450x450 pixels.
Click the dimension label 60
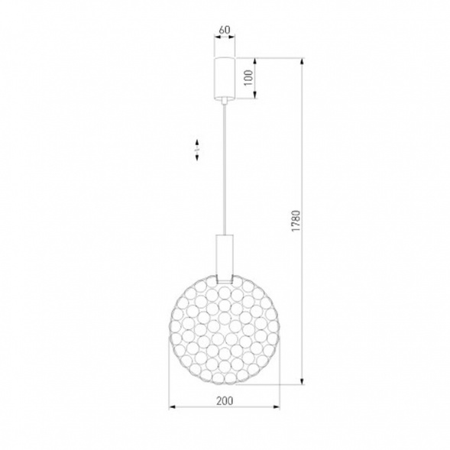click(x=225, y=30)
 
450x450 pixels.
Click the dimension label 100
click(x=248, y=77)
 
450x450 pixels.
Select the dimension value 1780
click(x=296, y=221)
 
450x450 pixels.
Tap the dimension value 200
click(x=225, y=401)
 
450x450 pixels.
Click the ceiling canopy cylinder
click(x=225, y=78)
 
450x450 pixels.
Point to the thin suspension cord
click(x=225, y=169)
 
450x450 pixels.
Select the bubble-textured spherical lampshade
click(x=225, y=330)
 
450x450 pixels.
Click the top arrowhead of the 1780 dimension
click(x=302, y=62)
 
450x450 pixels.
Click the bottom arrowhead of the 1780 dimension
click(x=302, y=380)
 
